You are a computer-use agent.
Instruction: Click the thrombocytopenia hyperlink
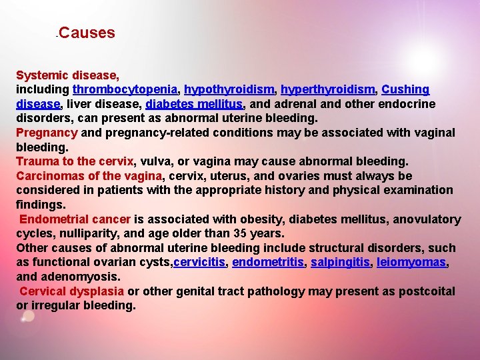125,89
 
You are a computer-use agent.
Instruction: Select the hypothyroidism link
229,89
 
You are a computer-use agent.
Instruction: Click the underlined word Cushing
406,89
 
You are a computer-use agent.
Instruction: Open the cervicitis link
199,263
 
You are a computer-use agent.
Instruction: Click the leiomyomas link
411,263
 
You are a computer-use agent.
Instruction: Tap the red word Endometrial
53,219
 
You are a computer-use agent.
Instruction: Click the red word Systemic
39,75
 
